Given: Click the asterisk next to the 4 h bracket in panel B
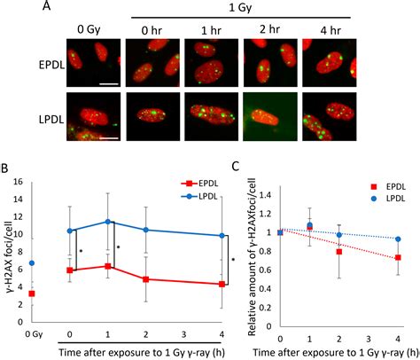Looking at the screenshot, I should [x=232, y=260].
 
